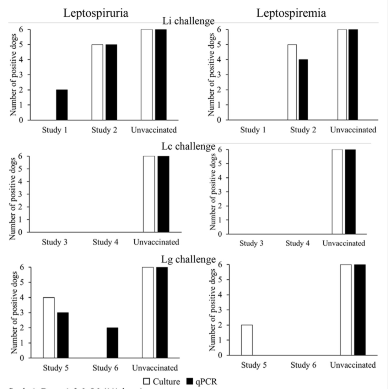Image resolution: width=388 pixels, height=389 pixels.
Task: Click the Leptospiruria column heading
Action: (96, 13)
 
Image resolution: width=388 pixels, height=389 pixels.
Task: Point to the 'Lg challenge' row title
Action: (188, 259)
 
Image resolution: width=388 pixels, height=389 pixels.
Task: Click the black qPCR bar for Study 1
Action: (62, 105)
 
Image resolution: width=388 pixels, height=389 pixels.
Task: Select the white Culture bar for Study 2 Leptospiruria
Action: (97, 82)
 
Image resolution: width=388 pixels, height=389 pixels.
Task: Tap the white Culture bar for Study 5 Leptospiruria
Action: (49, 327)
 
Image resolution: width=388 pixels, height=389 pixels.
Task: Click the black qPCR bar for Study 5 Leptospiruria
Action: (63, 335)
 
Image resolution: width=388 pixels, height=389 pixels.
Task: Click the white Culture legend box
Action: (147, 381)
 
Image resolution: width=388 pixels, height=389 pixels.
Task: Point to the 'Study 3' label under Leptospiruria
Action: (55, 243)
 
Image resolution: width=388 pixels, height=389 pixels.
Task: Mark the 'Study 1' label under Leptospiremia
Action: (253, 130)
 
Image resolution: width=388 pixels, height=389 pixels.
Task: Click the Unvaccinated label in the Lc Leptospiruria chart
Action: (156, 243)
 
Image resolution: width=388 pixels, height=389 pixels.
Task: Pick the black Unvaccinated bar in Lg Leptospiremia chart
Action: (360, 310)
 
